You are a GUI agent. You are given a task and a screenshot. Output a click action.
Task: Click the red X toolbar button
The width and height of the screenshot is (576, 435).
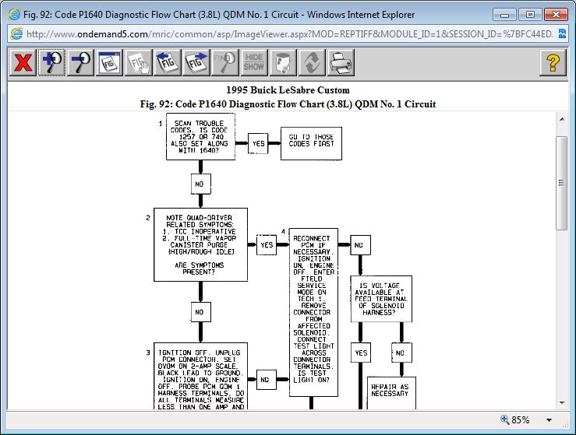pyautogui.click(x=23, y=62)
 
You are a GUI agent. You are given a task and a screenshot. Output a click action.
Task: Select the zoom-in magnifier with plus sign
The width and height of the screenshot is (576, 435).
pyautogui.click(x=51, y=62)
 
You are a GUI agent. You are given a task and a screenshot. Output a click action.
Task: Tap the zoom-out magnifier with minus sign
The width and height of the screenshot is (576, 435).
pyautogui.click(x=80, y=62)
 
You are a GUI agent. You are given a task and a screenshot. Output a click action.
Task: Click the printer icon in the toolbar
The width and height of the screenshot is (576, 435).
pyautogui.click(x=341, y=62)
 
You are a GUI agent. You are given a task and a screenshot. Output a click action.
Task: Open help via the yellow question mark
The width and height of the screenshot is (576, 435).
pyautogui.click(x=553, y=62)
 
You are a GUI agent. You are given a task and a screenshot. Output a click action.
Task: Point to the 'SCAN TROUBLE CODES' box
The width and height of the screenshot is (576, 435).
pyautogui.click(x=200, y=138)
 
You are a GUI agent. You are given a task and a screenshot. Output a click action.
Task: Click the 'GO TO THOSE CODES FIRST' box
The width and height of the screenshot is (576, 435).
pyautogui.click(x=311, y=143)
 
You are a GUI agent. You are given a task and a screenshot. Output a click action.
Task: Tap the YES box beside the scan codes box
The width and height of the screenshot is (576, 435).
pyautogui.click(x=258, y=143)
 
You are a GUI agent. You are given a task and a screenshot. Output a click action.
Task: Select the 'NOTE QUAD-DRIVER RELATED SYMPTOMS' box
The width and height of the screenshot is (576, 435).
pyautogui.click(x=200, y=244)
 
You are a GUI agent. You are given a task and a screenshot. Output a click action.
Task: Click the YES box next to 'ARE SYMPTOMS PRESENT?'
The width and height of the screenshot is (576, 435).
pyautogui.click(x=267, y=244)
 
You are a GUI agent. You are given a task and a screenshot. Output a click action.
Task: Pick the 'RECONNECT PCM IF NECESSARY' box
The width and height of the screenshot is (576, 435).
pyautogui.click(x=313, y=311)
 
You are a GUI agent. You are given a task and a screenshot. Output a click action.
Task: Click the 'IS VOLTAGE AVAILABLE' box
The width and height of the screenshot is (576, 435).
pyautogui.click(x=381, y=298)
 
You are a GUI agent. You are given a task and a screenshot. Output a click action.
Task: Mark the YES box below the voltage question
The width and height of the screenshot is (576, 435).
pyautogui.click(x=361, y=353)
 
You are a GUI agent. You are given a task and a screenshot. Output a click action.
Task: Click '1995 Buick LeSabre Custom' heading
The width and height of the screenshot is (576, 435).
pyautogui.click(x=288, y=90)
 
